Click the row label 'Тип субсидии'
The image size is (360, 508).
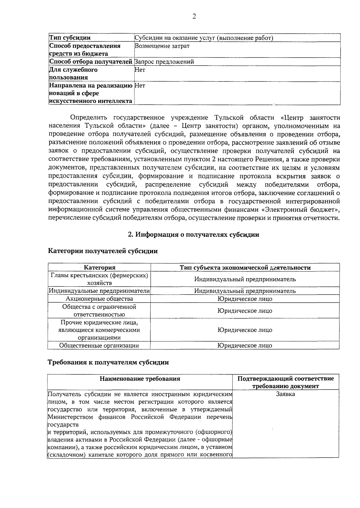[x=70, y=38]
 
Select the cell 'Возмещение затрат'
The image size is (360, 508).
[x=162, y=46]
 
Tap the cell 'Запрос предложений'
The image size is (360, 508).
[x=164, y=62]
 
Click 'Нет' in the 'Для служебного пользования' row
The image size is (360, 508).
[x=140, y=70]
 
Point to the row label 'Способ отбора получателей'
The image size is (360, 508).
[x=91, y=62]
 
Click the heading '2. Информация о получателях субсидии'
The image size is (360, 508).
[x=193, y=234]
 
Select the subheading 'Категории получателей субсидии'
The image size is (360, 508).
[x=103, y=251]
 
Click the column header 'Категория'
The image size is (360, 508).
[x=99, y=267]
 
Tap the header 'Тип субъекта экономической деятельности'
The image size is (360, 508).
[x=245, y=267]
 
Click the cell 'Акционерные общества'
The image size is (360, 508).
[x=99, y=299]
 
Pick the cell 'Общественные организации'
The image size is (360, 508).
[x=99, y=345]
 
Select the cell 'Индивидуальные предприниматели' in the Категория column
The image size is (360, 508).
[x=99, y=291]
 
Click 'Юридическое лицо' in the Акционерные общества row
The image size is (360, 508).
[x=245, y=299]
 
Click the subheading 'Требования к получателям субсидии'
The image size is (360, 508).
[x=109, y=362]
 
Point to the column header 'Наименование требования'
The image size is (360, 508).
[x=140, y=378]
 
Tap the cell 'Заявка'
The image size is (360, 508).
[x=285, y=394]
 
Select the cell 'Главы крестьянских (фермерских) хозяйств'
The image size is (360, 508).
[x=99, y=279]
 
